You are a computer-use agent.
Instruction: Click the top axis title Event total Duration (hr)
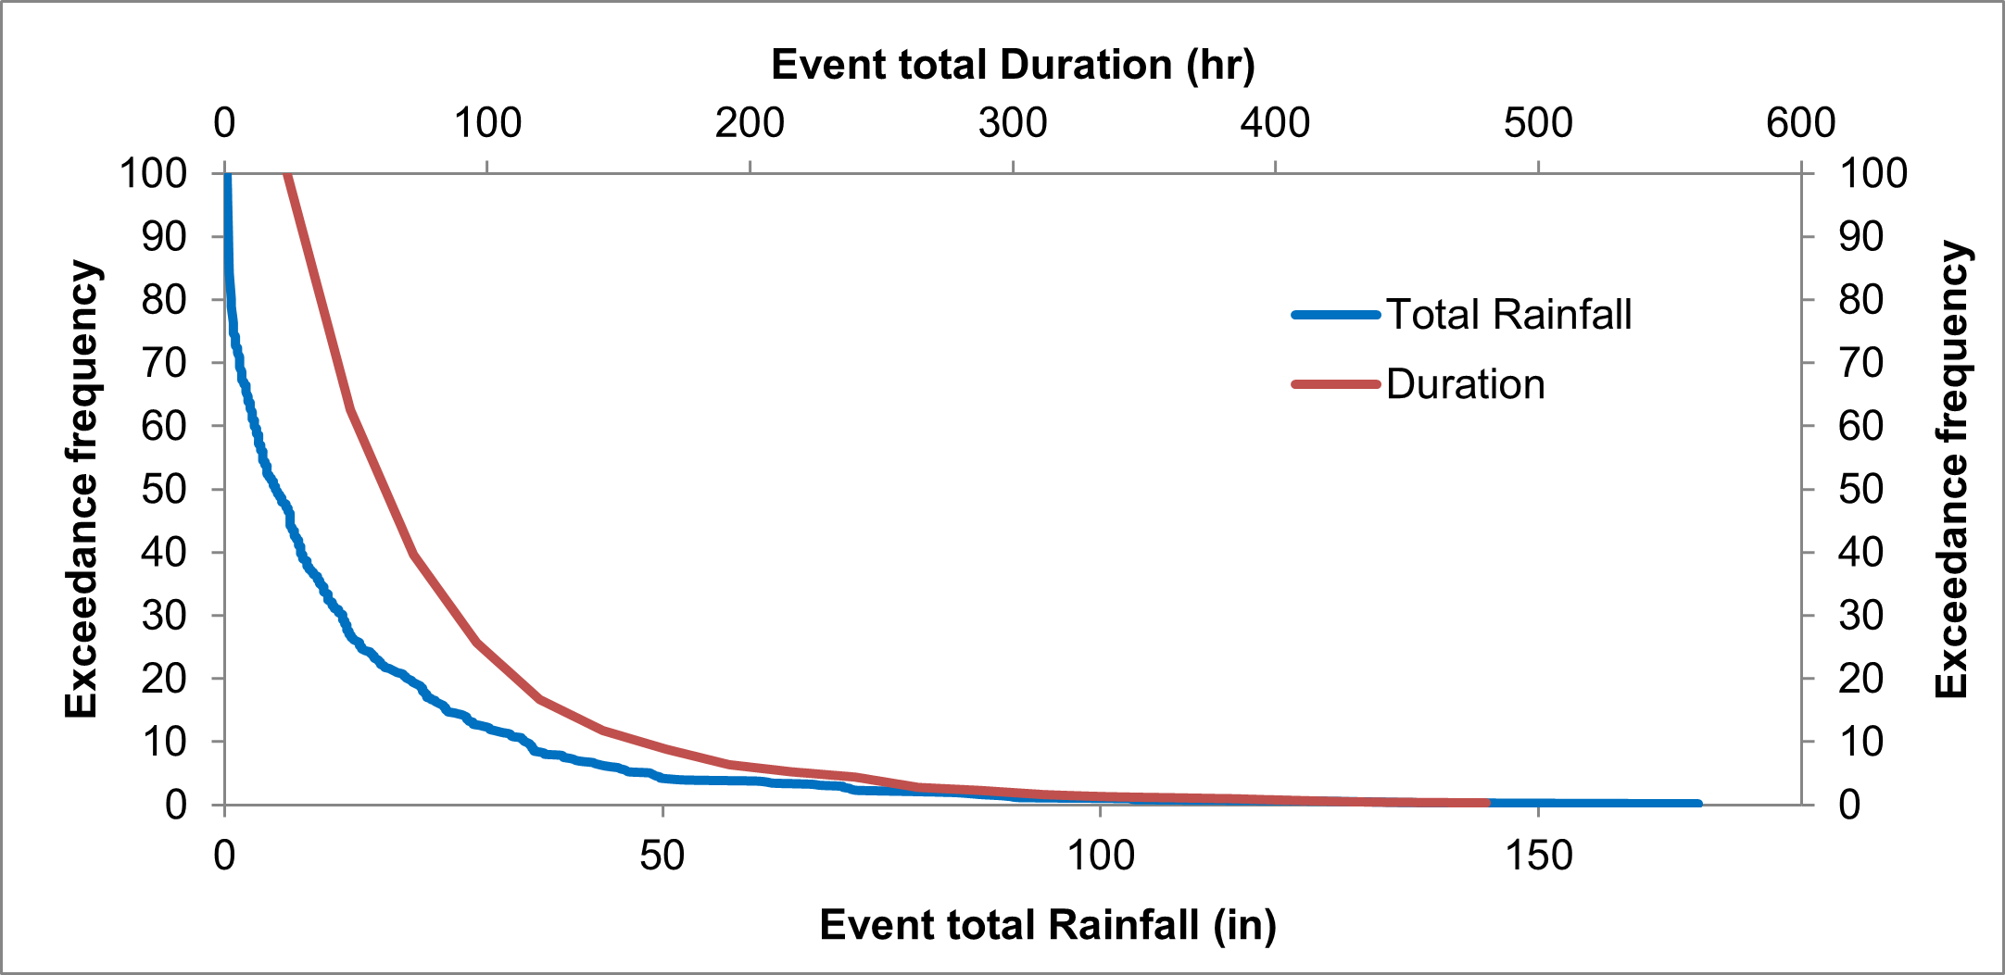[x=1013, y=65]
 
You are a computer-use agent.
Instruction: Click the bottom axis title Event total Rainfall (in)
[x=1048, y=925]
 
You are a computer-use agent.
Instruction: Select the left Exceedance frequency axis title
[x=82, y=489]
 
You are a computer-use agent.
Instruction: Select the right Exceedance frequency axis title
[x=1952, y=470]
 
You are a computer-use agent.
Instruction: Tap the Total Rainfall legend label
[x=1508, y=315]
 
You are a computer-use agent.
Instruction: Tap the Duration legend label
[x=1465, y=384]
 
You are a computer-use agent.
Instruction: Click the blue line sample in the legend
[x=1335, y=315]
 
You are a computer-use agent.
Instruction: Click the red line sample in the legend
[x=1335, y=384]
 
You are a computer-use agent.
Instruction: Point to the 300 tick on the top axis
[x=1013, y=123]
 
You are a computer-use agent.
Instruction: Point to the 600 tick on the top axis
[x=1800, y=123]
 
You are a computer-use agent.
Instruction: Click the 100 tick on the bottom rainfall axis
[x=1100, y=855]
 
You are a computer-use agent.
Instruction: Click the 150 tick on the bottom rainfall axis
[x=1538, y=855]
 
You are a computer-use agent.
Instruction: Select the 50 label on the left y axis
[x=164, y=489]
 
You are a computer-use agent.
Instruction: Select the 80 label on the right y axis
[x=1860, y=300]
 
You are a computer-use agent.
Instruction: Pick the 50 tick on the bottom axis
[x=662, y=855]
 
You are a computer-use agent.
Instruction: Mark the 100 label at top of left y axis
[x=154, y=173]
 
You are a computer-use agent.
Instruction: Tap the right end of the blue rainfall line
[x=1697, y=803]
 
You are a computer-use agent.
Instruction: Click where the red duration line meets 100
[x=287, y=175]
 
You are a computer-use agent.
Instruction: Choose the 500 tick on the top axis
[x=1538, y=123]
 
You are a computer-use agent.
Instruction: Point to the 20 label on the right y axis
[x=1860, y=679]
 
